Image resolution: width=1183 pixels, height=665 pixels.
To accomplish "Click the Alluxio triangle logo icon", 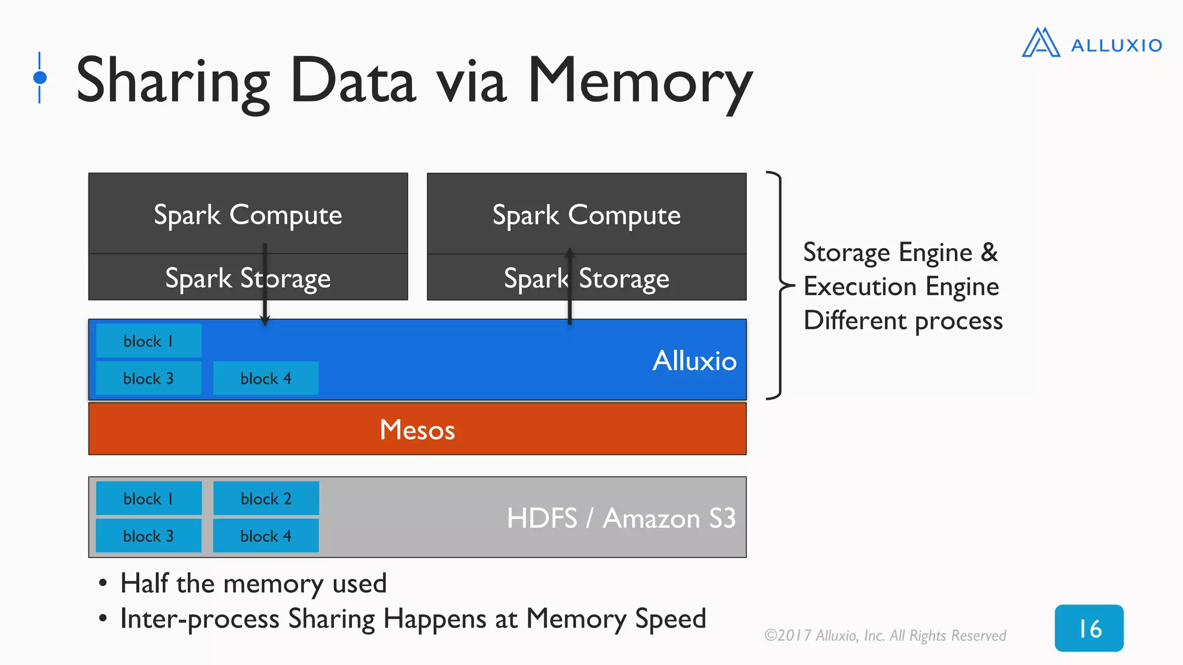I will click(1040, 43).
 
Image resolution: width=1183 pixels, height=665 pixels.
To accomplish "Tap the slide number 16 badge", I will click(1089, 628).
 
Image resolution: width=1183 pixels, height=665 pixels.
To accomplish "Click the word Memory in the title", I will click(640, 81).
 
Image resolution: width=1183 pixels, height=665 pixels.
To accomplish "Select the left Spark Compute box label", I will click(248, 215).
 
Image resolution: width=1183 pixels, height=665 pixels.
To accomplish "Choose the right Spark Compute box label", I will click(586, 215).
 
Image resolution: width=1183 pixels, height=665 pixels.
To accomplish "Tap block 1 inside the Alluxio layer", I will click(148, 341).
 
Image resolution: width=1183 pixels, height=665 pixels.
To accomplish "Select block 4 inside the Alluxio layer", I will click(266, 378).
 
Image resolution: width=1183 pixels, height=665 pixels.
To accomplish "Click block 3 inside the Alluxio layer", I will click(148, 378).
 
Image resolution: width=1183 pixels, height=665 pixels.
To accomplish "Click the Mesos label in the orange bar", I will click(417, 429).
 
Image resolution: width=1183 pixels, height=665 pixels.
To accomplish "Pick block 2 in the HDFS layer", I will click(266, 498).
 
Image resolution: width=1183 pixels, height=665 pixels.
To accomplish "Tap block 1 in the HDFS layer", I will click(148, 498).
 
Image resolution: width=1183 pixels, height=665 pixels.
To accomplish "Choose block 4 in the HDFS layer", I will click(266, 536).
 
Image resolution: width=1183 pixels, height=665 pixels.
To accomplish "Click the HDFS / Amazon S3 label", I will click(621, 518).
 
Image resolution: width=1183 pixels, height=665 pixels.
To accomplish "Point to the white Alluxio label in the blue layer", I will click(694, 361).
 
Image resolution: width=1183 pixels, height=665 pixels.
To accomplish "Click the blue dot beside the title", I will click(40, 77).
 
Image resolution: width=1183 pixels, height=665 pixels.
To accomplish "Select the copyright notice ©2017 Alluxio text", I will click(884, 636).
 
